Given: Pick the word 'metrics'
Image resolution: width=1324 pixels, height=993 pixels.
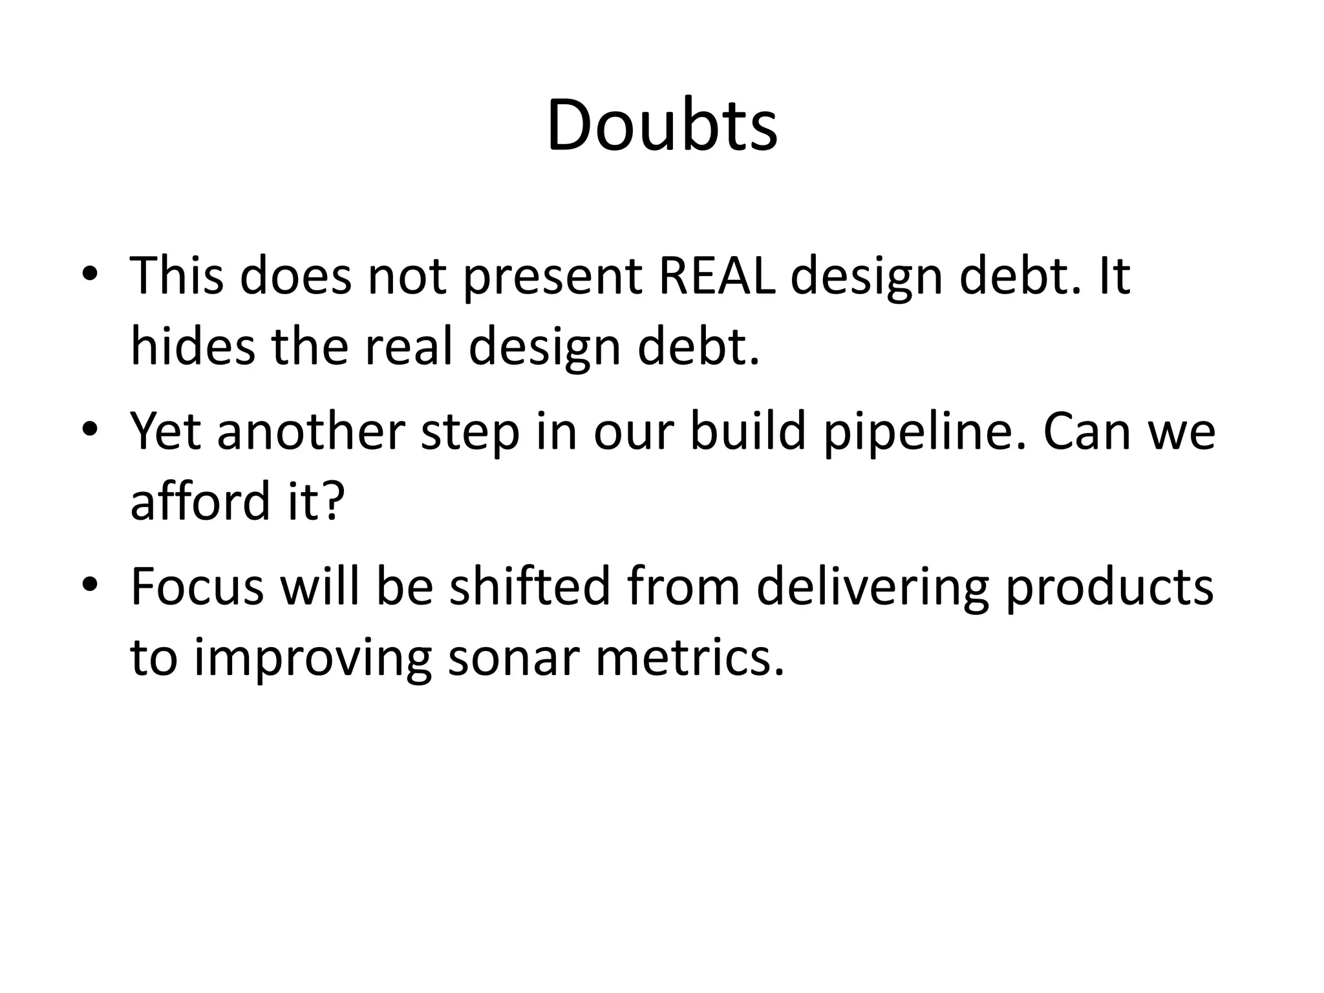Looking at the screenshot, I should click(690, 657).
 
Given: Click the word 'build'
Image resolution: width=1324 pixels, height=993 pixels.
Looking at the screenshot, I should click(748, 432).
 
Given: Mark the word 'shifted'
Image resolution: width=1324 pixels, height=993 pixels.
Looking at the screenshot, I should click(530, 587).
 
